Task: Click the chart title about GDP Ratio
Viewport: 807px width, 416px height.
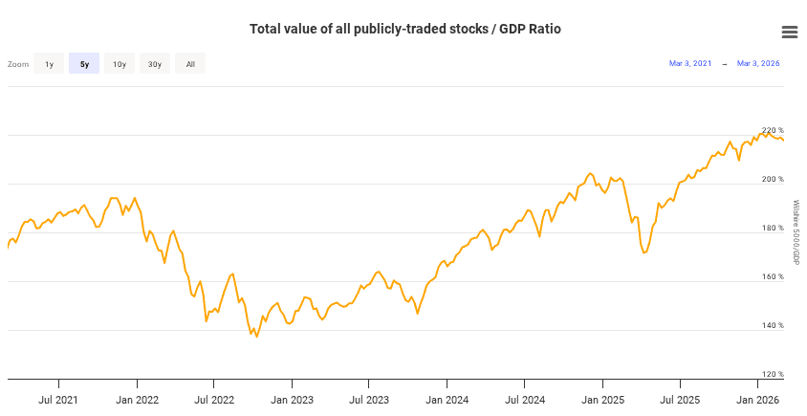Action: pos(404,30)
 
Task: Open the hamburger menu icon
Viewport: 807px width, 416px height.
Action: pos(790,32)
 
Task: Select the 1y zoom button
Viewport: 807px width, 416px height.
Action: pos(49,64)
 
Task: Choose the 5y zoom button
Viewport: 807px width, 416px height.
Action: pos(84,64)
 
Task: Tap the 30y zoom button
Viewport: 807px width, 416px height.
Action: pos(155,64)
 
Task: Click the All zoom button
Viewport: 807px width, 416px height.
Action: pos(190,64)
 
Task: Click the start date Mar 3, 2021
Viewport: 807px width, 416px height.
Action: pos(689,64)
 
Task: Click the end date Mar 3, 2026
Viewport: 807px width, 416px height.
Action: pos(758,64)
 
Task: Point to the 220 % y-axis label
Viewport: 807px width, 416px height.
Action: pos(773,130)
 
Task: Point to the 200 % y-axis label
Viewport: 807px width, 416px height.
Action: pos(773,179)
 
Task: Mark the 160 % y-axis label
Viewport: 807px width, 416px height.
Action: pos(773,277)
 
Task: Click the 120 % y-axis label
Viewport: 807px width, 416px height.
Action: pos(773,374)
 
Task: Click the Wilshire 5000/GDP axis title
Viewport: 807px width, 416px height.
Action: pos(796,232)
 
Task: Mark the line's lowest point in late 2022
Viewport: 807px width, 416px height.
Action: pos(256,337)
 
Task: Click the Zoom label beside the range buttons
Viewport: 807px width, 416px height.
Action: pos(18,64)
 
